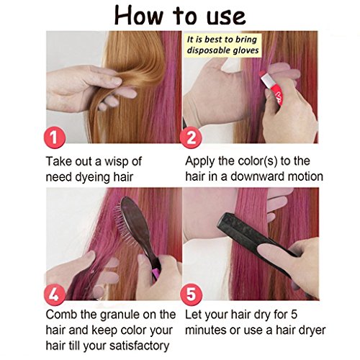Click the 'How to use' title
180,16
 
